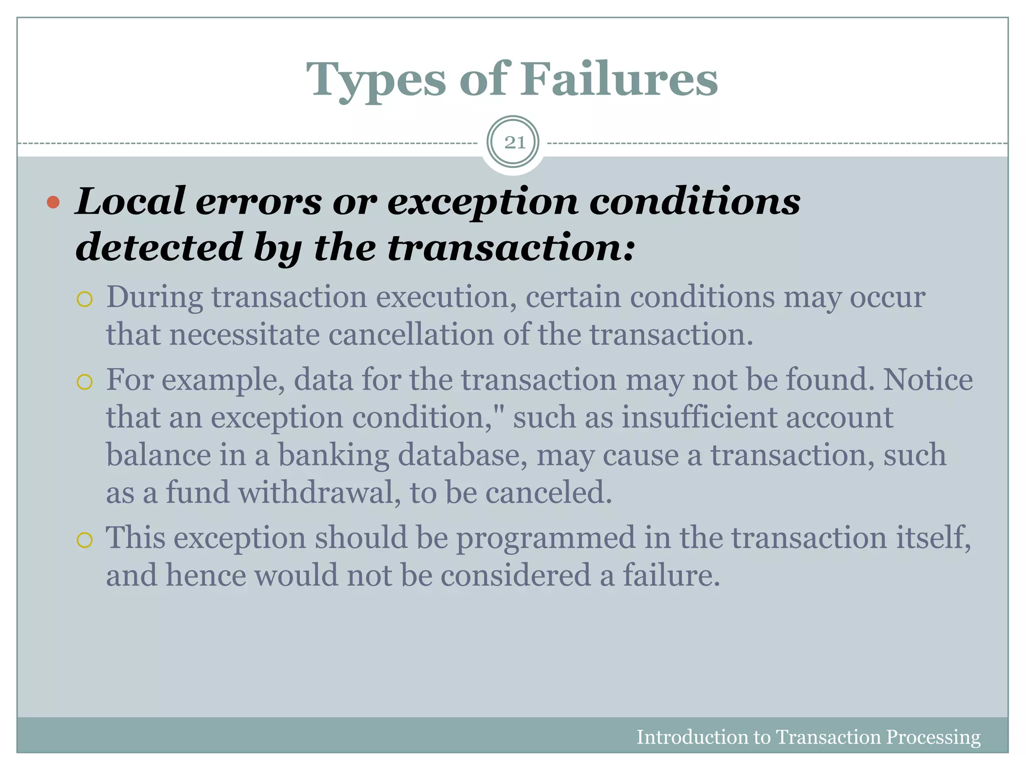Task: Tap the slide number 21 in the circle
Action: click(514, 143)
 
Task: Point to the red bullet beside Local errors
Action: click(53, 203)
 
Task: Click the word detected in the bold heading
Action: click(159, 247)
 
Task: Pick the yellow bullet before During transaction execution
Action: click(85, 299)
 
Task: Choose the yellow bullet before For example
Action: click(85, 382)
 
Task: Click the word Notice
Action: click(928, 379)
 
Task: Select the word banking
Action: click(333, 455)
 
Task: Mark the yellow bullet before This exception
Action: click(85, 540)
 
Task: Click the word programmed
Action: click(545, 538)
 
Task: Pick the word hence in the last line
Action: click(206, 575)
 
